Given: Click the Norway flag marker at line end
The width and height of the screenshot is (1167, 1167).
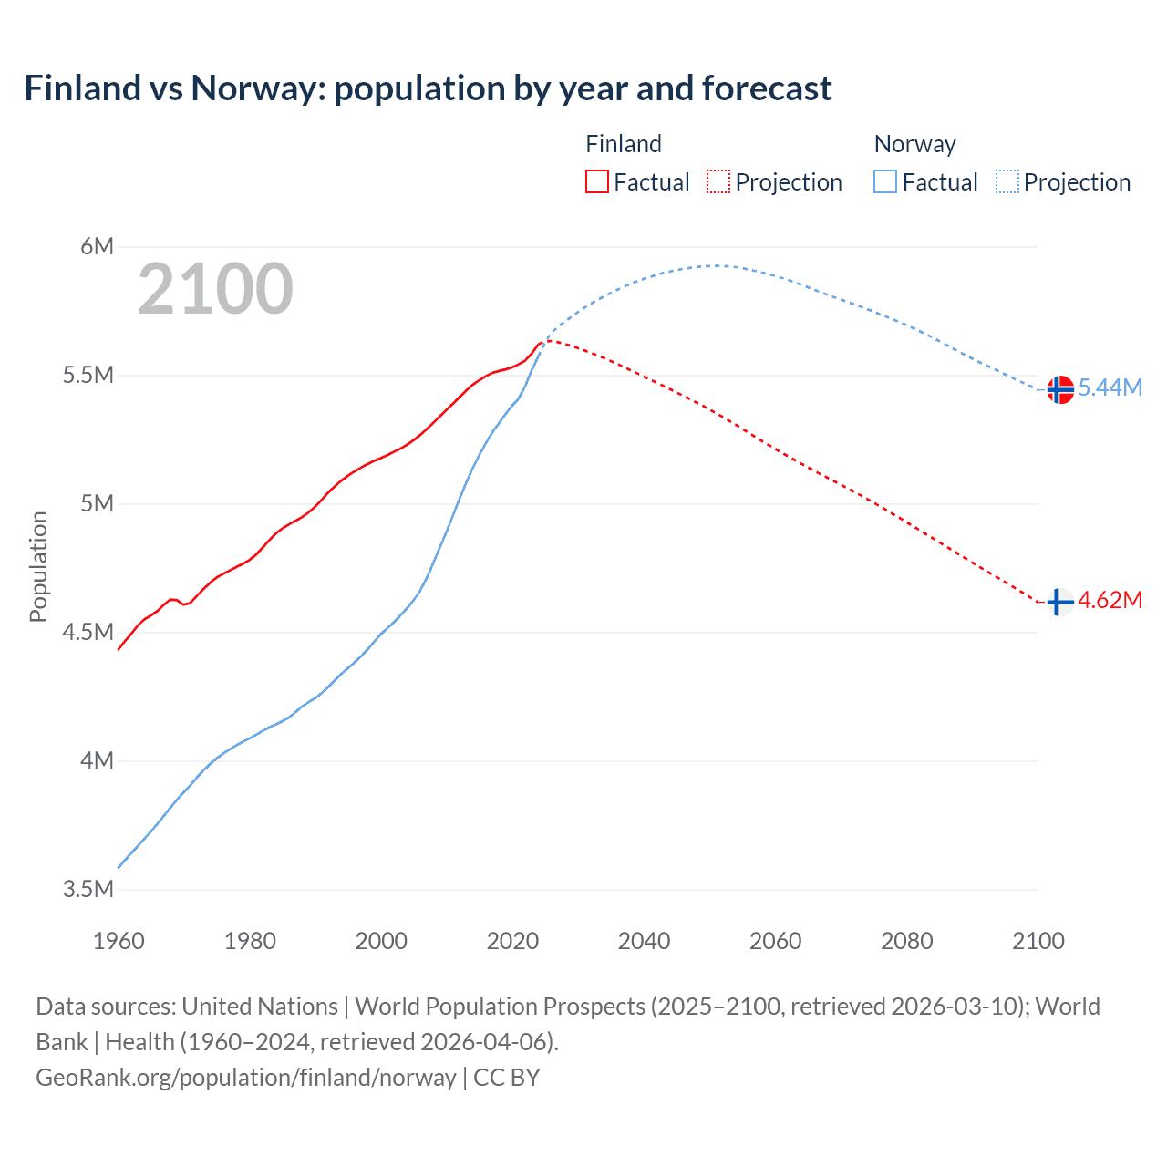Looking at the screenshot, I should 1059,389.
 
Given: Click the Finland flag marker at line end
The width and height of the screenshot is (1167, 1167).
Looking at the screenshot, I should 1059,602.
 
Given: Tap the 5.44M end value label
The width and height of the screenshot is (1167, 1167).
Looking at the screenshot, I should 1110,387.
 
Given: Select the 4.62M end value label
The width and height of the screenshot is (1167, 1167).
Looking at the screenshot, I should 1110,600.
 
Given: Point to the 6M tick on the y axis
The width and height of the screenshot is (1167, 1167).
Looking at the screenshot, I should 97,246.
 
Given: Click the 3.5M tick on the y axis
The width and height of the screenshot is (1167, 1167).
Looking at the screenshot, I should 88,889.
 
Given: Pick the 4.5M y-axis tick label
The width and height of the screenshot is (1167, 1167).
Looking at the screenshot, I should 88,632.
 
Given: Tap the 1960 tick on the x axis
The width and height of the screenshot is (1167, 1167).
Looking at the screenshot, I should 119,941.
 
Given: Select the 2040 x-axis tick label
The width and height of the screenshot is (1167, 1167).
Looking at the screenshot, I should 644,941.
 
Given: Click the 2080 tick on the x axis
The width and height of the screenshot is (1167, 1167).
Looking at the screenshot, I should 906,941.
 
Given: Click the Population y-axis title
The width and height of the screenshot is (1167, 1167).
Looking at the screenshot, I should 38,566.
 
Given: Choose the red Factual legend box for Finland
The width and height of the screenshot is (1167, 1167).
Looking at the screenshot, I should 596,182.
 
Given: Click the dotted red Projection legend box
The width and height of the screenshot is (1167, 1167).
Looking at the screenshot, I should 718,182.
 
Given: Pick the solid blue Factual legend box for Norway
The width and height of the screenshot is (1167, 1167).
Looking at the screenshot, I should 885,182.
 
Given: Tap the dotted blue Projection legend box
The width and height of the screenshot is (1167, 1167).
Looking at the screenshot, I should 1007,182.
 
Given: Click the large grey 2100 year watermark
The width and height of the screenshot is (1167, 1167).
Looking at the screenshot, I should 215,289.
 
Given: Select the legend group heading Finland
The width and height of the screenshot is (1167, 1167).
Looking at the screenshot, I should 624,144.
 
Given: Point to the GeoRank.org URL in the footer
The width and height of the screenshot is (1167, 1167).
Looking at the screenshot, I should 245,1078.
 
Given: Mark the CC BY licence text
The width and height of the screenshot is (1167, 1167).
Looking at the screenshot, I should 507,1078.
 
